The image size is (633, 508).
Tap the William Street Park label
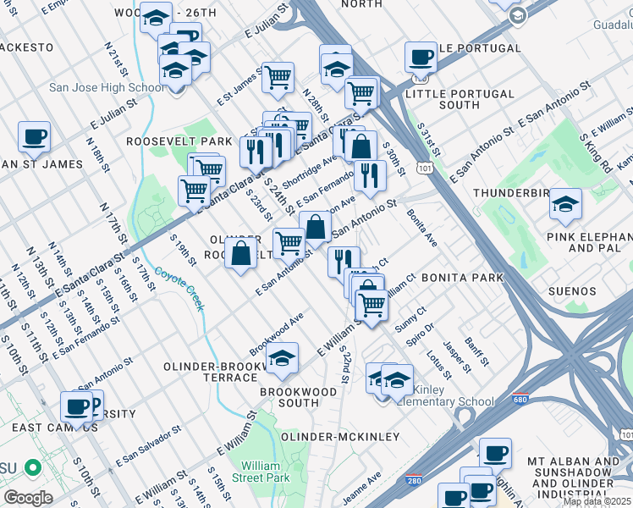pos(261,472)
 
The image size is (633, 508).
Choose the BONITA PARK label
pos(461,277)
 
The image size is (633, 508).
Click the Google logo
pos(28,498)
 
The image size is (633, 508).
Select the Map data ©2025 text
pos(597,501)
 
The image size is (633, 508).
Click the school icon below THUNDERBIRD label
pos(565,204)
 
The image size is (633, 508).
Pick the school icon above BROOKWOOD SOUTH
pos(283,359)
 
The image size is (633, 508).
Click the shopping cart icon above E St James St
pos(278,78)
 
